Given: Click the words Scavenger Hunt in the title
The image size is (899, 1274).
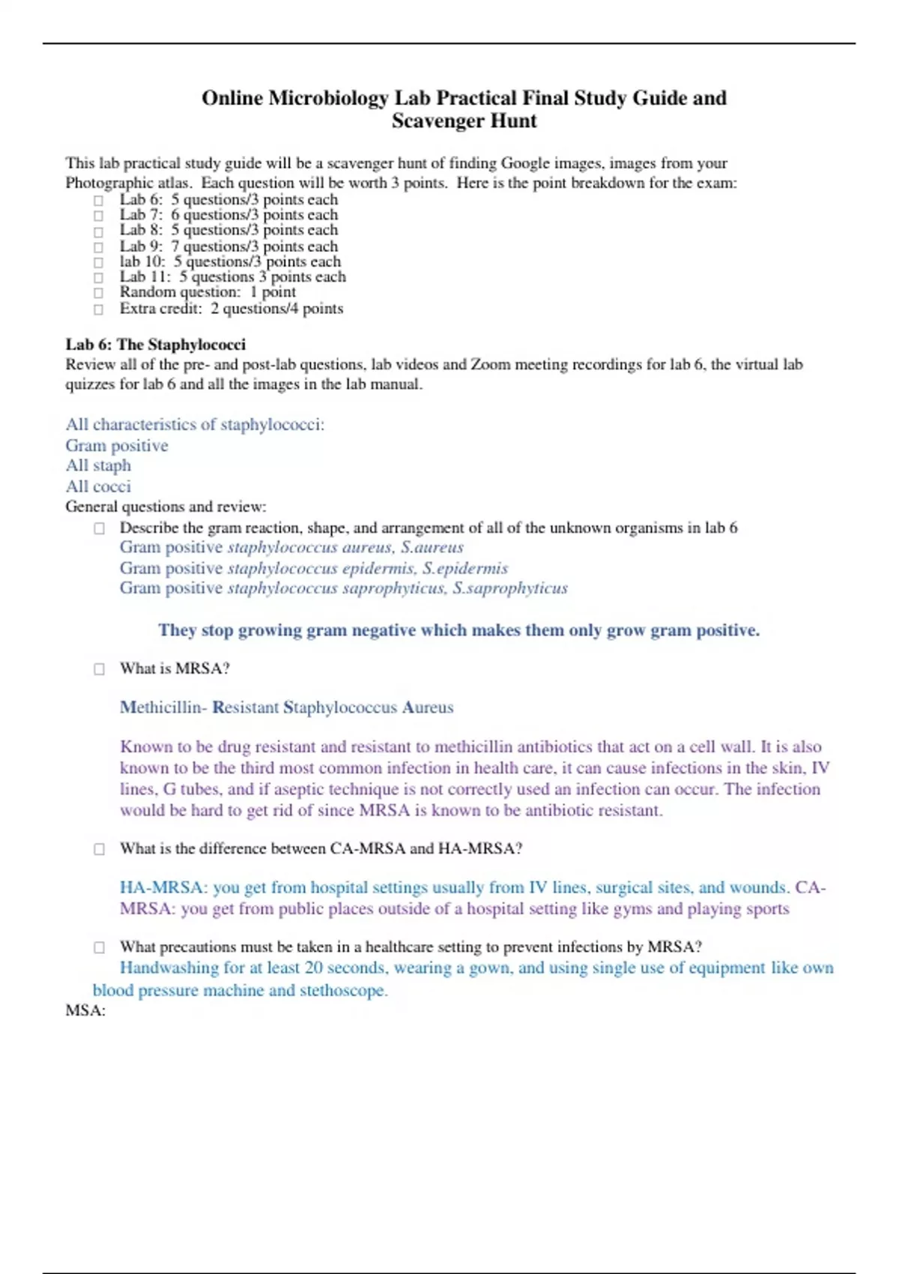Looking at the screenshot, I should click(464, 121).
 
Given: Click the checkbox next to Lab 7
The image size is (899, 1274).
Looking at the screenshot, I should click(98, 216).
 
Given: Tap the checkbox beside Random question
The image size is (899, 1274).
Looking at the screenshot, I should click(98, 293).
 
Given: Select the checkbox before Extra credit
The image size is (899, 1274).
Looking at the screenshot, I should click(98, 309).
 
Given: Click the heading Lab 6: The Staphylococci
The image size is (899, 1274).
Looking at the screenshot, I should click(155, 345).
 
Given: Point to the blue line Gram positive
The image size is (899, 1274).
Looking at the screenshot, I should click(117, 446).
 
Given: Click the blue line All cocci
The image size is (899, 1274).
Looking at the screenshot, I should click(98, 486).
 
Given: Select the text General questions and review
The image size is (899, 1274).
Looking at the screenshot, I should click(166, 507).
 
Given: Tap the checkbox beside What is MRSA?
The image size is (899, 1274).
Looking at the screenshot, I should click(99, 669).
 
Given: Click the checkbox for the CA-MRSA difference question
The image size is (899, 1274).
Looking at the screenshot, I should click(99, 849).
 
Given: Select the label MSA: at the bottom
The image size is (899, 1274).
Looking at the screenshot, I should click(85, 1011).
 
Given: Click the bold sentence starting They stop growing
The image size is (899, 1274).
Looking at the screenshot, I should click(458, 630).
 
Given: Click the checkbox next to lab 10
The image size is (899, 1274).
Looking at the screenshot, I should click(98, 262).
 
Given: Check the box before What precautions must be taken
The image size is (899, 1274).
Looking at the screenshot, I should click(99, 947).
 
